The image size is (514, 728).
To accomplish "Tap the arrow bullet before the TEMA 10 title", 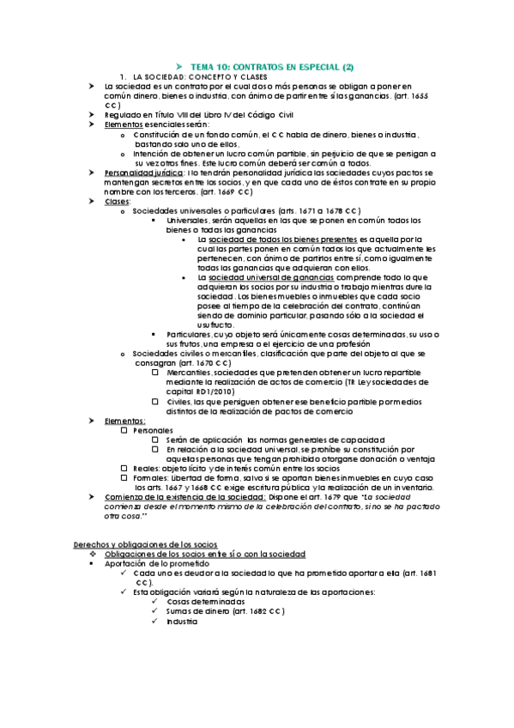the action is [x=179, y=67].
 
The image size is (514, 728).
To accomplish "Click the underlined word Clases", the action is [x=117, y=201].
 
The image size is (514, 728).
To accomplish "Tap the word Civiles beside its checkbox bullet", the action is [x=180, y=401].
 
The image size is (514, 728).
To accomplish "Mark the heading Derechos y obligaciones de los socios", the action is [x=146, y=545].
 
